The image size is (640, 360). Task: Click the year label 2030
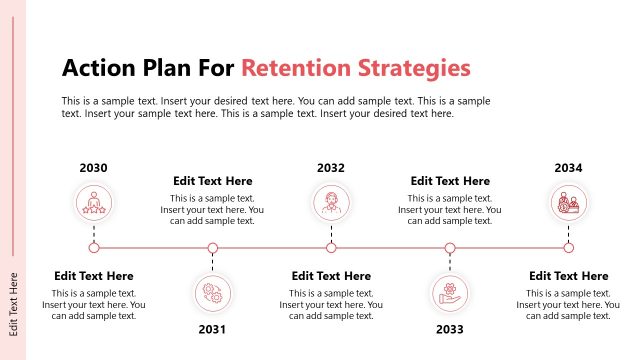94,168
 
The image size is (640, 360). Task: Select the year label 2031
212,329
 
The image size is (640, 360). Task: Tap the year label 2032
331,168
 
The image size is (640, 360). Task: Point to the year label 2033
450,329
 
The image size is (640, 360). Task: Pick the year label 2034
568,168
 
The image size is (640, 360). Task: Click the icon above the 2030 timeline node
94,204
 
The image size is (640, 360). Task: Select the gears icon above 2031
212,293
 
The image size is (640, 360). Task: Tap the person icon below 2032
331,204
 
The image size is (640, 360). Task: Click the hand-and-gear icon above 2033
450,293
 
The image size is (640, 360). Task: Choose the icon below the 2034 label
568,204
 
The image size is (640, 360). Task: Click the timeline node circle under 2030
94,248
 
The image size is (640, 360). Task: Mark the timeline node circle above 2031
212,248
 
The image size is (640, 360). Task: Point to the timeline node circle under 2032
331,248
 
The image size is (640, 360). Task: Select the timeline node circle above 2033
450,248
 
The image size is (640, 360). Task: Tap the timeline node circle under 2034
568,248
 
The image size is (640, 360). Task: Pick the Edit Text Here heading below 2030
94,276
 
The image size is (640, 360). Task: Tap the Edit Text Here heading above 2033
450,181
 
